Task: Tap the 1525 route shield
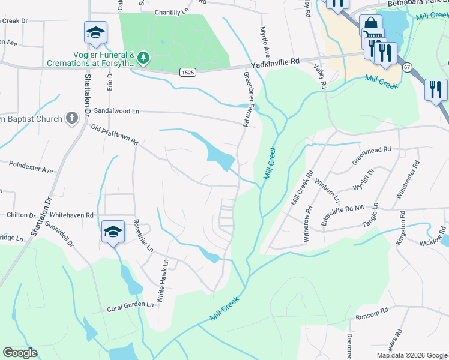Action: [187, 72]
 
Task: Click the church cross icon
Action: [71, 118]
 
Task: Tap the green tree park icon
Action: [143, 58]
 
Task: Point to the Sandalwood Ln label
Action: [116, 112]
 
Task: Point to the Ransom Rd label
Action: [372, 314]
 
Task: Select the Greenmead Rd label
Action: [372, 155]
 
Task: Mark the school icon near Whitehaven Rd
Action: [113, 232]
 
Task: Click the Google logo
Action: [20, 353]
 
